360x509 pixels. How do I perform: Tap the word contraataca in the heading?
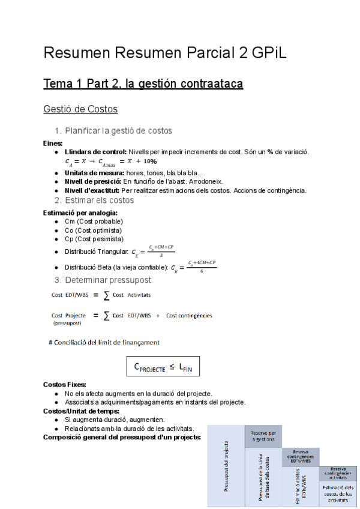coord(206,84)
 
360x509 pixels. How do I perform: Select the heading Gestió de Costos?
coord(80,109)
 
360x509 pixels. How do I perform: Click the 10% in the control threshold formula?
coord(149,161)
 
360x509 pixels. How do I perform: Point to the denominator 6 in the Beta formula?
coord(202,271)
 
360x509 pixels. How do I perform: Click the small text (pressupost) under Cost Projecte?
coord(66,323)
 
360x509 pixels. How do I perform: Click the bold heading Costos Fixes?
coord(64,384)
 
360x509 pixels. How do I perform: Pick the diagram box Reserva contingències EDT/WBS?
coord(299,456)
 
